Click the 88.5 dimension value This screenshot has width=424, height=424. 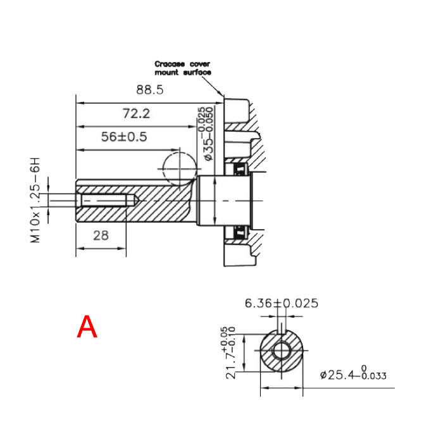(150, 90)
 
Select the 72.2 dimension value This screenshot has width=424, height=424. (136, 113)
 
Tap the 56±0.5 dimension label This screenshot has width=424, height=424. (124, 137)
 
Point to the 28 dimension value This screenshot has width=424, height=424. (101, 235)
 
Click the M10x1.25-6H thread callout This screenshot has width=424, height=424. (35, 200)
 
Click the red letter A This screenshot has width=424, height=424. (87, 327)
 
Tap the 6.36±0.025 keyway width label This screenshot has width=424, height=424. (282, 303)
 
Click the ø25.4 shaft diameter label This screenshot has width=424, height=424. (353, 373)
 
